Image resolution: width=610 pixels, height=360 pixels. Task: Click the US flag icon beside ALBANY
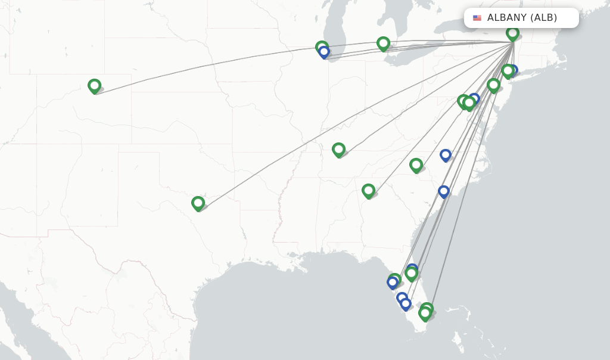[477, 18]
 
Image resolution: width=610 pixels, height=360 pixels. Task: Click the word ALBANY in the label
[506, 18]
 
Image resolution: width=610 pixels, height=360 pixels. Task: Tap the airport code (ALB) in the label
[544, 18]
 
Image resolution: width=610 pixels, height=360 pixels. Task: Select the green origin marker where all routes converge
[512, 33]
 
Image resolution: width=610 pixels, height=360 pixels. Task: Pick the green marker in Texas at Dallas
[198, 203]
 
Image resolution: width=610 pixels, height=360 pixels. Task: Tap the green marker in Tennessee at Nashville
[338, 149]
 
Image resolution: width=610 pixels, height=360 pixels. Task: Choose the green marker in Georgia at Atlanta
[368, 190]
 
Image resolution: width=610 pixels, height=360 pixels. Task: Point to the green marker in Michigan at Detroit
[383, 43]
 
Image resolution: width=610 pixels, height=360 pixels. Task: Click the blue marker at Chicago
[324, 52]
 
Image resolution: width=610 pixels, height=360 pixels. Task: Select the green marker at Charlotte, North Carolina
[416, 165]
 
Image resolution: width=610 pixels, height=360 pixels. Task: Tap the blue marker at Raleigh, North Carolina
[445, 154]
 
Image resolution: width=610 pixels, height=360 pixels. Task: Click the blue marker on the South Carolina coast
[443, 191]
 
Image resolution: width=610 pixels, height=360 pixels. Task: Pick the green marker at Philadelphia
[493, 85]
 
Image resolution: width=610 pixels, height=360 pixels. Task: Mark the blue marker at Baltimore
[474, 98]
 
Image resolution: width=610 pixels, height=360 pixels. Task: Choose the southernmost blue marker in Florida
[406, 303]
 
